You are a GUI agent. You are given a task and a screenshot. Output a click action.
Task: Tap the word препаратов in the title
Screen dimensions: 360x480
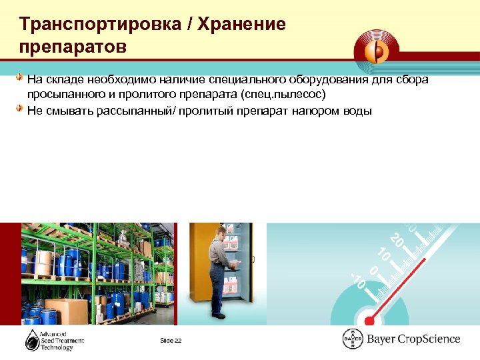pos(73,49)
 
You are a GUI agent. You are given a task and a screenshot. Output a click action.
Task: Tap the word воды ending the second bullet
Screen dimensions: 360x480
pos(357,110)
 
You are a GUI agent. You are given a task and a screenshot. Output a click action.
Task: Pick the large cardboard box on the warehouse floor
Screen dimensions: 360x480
pos(67,311)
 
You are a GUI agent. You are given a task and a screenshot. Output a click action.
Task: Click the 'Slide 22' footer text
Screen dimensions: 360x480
pos(171,341)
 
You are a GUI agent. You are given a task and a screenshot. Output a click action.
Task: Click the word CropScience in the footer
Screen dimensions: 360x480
pos(427,339)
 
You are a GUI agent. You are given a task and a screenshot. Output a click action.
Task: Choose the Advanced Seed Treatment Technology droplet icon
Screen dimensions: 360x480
pos(33,340)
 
